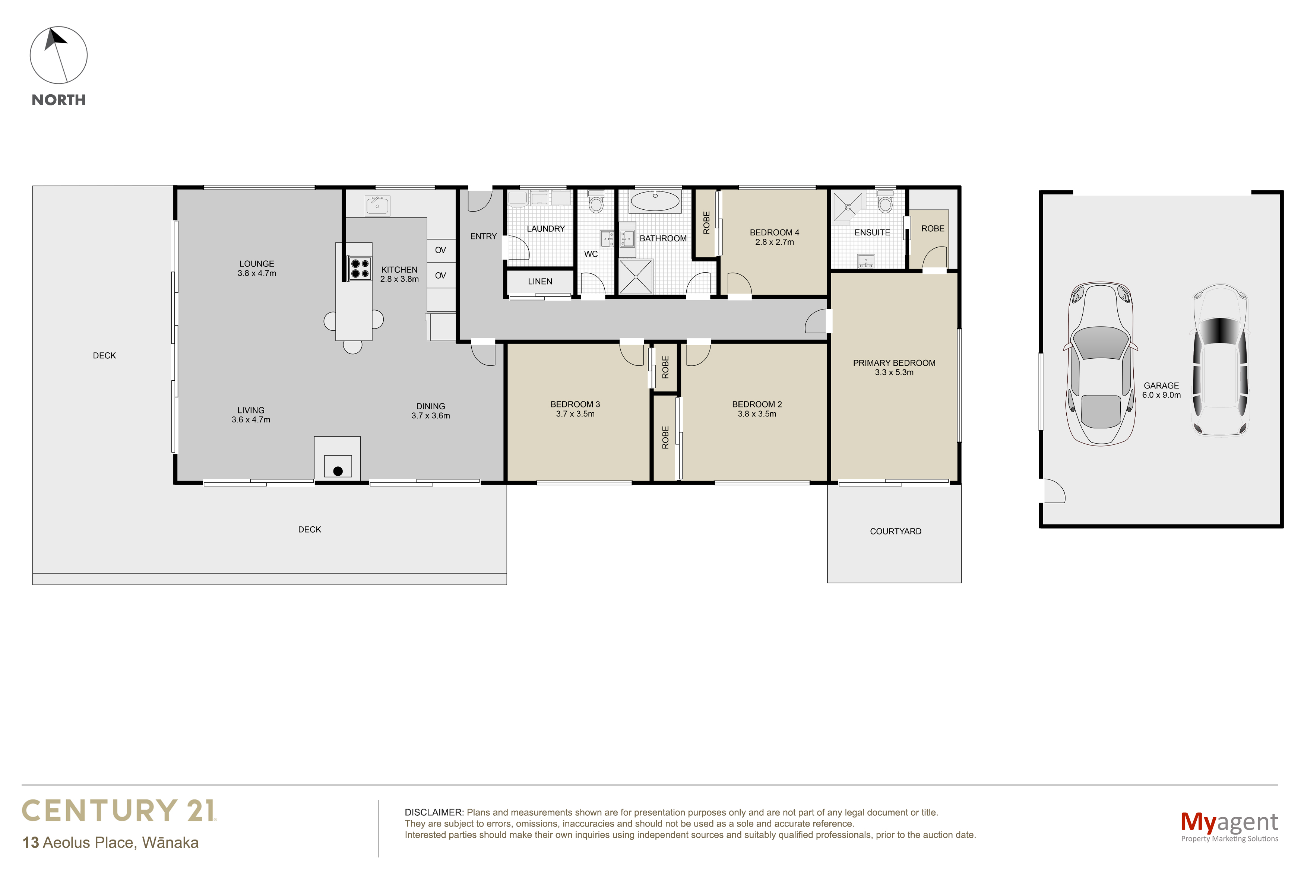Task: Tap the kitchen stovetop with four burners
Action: (359, 268)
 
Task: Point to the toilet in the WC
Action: (596, 202)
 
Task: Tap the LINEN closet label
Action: (540, 282)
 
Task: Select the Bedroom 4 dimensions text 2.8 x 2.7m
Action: (774, 242)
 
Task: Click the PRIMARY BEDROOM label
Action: (894, 363)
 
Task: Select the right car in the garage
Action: (1220, 360)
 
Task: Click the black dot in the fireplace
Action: (338, 471)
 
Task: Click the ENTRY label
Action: (483, 236)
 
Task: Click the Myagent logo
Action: (1229, 826)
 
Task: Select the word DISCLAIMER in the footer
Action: (433, 812)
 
